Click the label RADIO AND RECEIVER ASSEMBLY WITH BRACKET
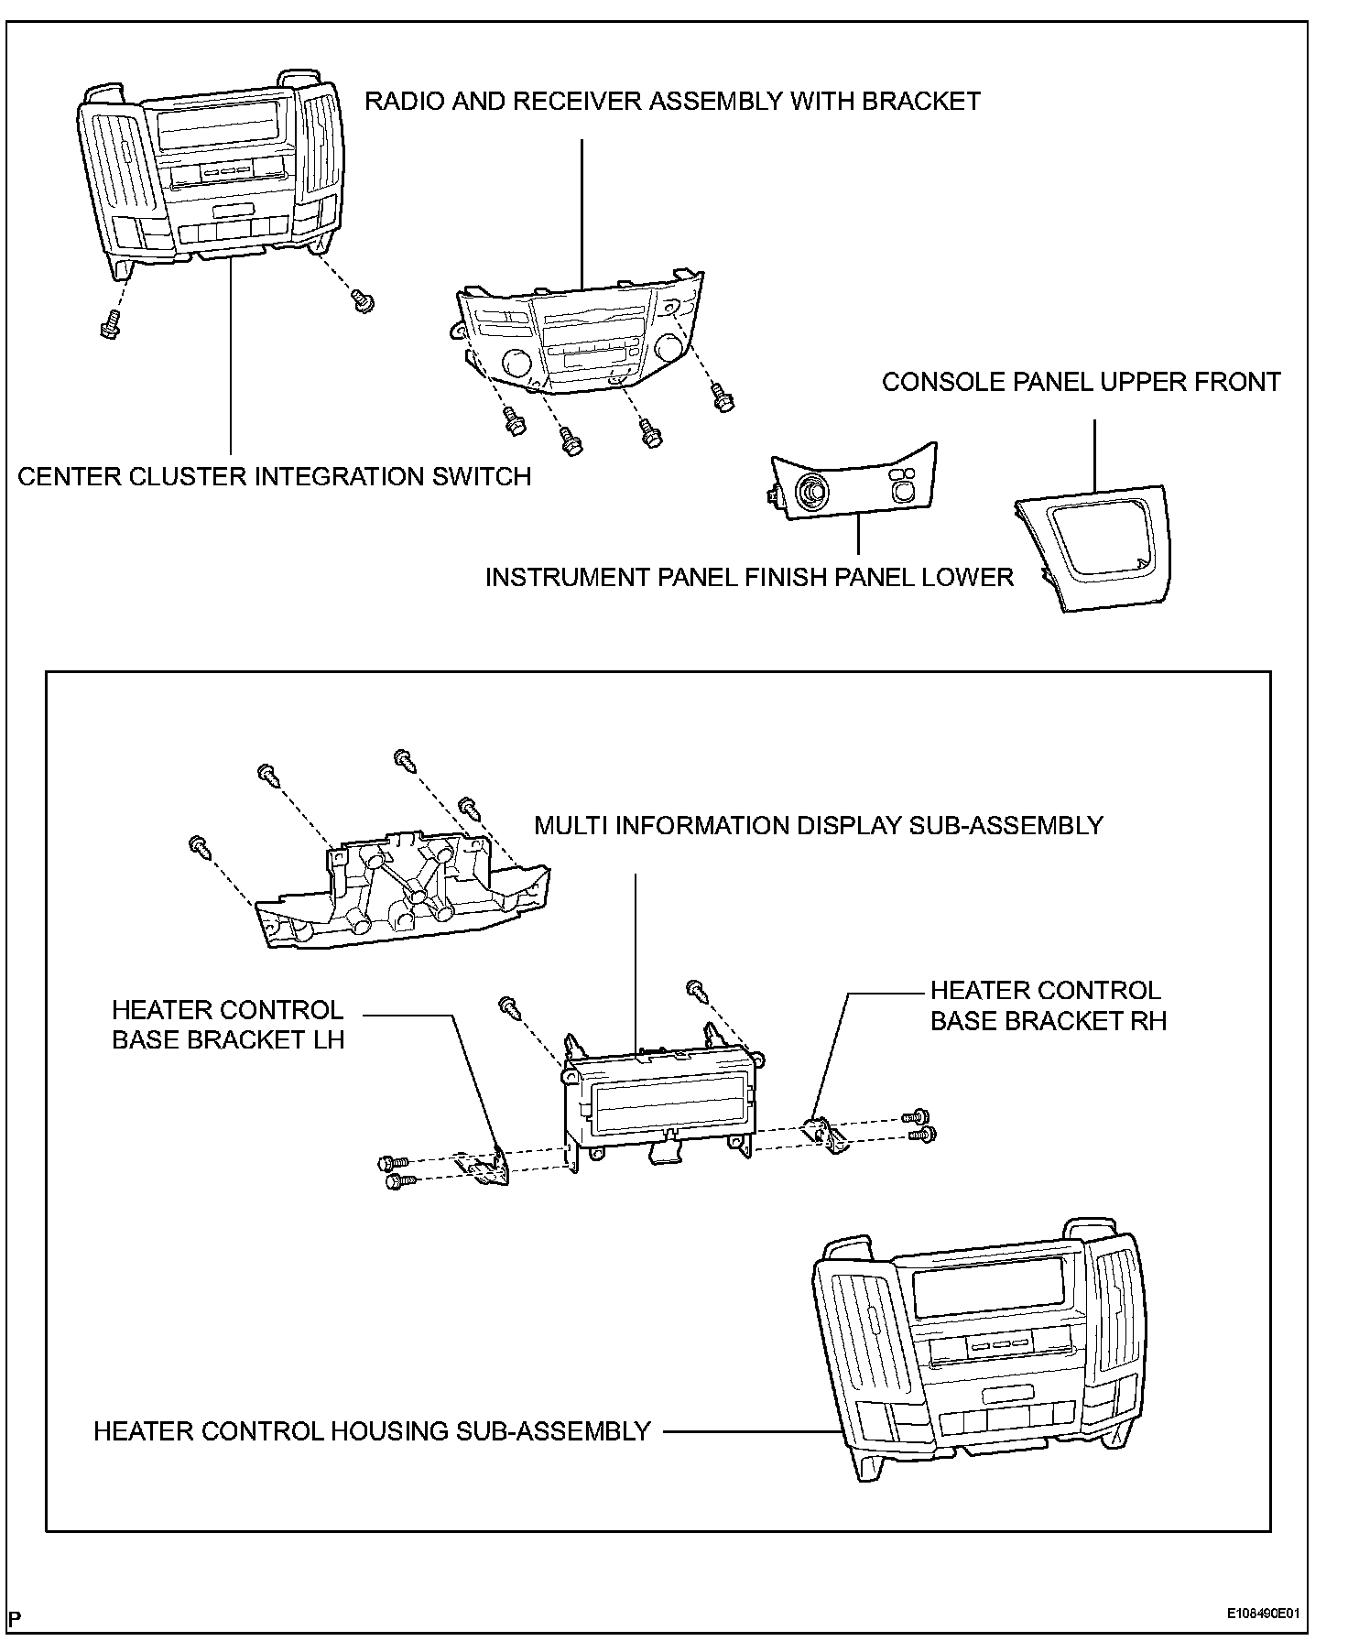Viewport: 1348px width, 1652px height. point(672,101)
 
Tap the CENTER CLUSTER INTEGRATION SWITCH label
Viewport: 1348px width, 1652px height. point(274,476)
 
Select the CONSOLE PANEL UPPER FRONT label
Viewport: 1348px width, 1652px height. point(1081,382)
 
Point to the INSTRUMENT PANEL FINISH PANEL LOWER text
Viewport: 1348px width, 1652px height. point(749,577)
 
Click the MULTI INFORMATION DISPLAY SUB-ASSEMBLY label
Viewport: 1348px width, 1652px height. point(819,825)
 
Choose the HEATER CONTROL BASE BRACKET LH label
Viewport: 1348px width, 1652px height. point(227,1025)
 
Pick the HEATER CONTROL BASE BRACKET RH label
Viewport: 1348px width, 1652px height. point(1049,1005)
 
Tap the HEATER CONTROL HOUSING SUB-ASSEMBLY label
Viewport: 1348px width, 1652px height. point(372,1431)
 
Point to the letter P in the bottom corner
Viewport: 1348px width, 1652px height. point(16,1618)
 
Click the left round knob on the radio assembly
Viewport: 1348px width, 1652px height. point(516,364)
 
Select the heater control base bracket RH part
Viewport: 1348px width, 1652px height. point(823,1132)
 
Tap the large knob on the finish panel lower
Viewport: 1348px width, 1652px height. point(810,492)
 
